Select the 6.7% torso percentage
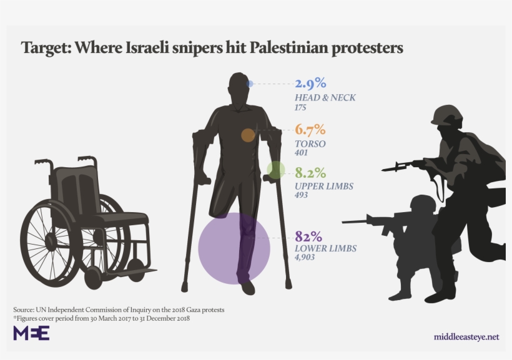pyautogui.click(x=310, y=130)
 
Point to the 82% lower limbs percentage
pyautogui.click(x=308, y=236)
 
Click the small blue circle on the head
pyautogui.click(x=250, y=84)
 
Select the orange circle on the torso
pyautogui.click(x=248, y=135)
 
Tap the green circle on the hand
pyautogui.click(x=275, y=170)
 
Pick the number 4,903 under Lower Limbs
pyautogui.click(x=306, y=258)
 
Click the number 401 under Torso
pyautogui.click(x=301, y=153)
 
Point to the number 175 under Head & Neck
pyautogui.click(x=300, y=107)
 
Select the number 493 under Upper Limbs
pyautogui.click(x=301, y=195)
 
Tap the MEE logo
pyautogui.click(x=31, y=333)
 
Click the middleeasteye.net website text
pyautogui.click(x=466, y=337)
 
